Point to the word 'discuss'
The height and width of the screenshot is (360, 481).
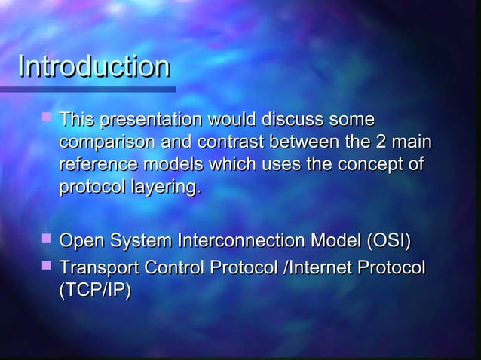[293, 120]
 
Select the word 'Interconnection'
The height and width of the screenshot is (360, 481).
[250, 242]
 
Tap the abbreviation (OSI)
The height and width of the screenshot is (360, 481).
[389, 242]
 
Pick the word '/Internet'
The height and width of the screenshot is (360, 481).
[319, 269]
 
